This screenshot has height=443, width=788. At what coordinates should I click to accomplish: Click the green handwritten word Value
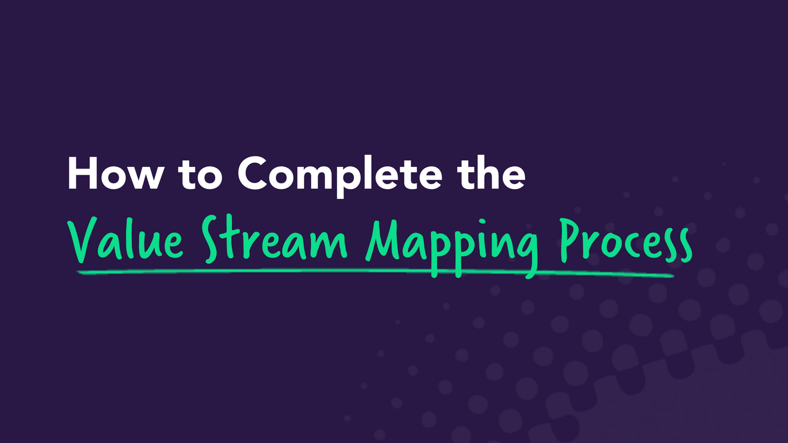(126, 240)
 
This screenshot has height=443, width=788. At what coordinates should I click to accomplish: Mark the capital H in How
(83, 174)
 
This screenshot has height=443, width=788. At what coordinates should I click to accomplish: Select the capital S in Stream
(210, 239)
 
